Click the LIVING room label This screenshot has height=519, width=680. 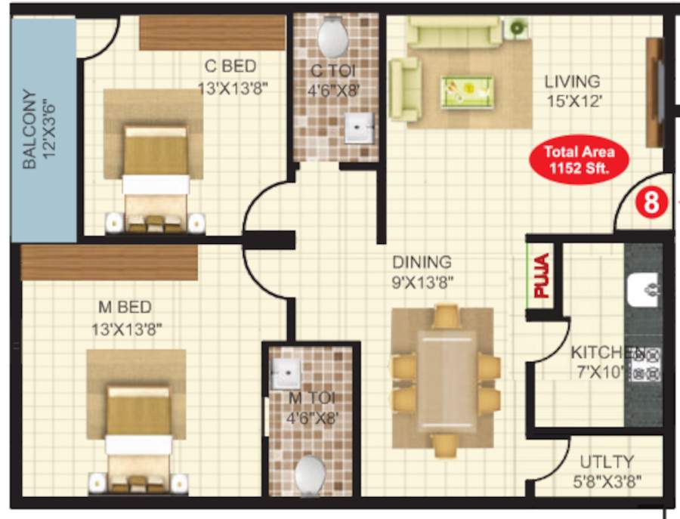click(x=572, y=81)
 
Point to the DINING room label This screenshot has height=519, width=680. click(x=422, y=262)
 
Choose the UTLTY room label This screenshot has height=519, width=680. click(x=607, y=462)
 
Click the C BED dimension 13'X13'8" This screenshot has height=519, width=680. click(x=233, y=88)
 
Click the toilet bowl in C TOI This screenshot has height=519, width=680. click(x=333, y=36)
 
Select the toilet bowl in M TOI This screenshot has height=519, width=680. click(x=310, y=474)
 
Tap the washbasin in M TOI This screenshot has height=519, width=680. click(x=287, y=373)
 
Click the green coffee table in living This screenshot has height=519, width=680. click(x=467, y=91)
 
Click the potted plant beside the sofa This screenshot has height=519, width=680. click(x=518, y=28)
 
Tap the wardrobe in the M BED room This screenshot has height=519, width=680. click(x=109, y=262)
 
